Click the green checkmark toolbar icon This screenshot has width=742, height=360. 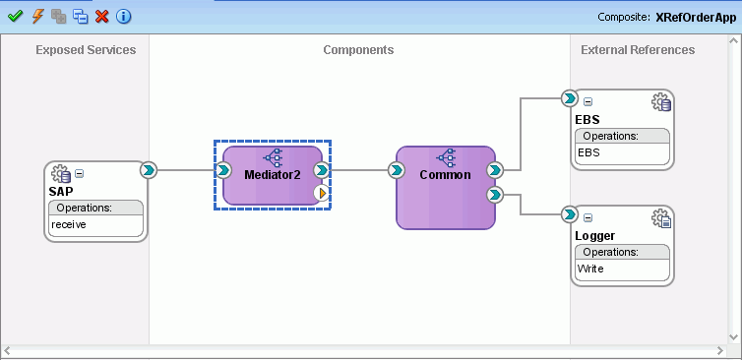15,16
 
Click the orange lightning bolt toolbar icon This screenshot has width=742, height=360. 37,16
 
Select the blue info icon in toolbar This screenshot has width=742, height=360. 123,16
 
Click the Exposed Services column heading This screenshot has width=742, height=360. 86,50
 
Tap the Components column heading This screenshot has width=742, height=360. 358,50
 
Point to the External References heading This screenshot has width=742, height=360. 638,50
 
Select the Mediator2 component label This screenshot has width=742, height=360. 273,174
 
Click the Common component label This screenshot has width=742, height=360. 445,174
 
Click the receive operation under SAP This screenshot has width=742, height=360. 69,225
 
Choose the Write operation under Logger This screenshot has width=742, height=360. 591,269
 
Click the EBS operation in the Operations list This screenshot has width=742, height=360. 588,152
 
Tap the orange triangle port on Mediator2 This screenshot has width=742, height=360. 322,193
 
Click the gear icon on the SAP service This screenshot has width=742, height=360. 61,173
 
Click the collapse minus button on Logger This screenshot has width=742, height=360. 588,217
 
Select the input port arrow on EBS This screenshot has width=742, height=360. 569,98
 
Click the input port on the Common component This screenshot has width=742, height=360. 396,170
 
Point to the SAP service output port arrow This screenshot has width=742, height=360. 148,170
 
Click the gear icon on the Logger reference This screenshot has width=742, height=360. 661,218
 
